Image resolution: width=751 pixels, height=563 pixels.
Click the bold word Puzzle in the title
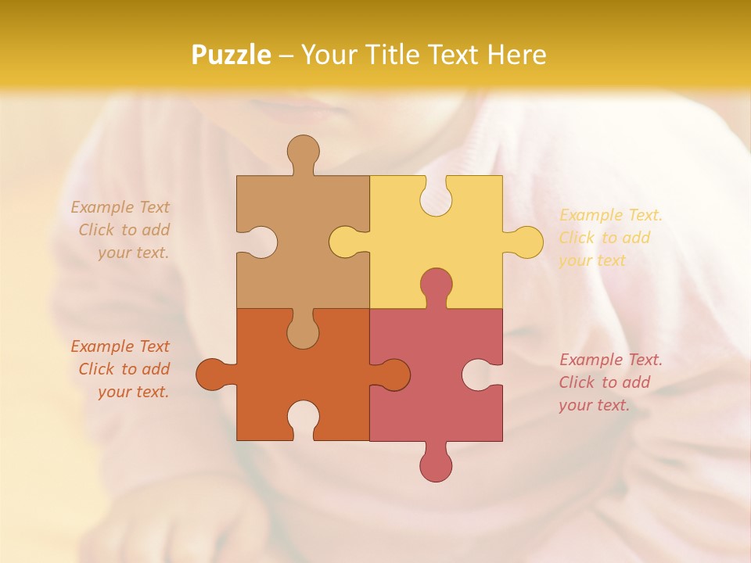click(x=232, y=55)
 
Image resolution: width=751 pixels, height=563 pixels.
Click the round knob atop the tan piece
click(x=303, y=151)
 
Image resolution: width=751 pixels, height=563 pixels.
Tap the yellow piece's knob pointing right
click(x=526, y=242)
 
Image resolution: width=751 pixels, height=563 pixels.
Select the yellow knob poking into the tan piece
click(x=344, y=242)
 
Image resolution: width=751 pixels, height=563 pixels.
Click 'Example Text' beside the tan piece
click(x=120, y=207)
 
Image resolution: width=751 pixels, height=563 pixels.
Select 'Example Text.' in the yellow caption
click(x=610, y=215)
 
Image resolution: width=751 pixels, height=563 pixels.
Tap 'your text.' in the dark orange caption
click(x=133, y=392)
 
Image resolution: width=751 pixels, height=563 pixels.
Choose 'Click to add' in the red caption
click(x=604, y=382)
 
